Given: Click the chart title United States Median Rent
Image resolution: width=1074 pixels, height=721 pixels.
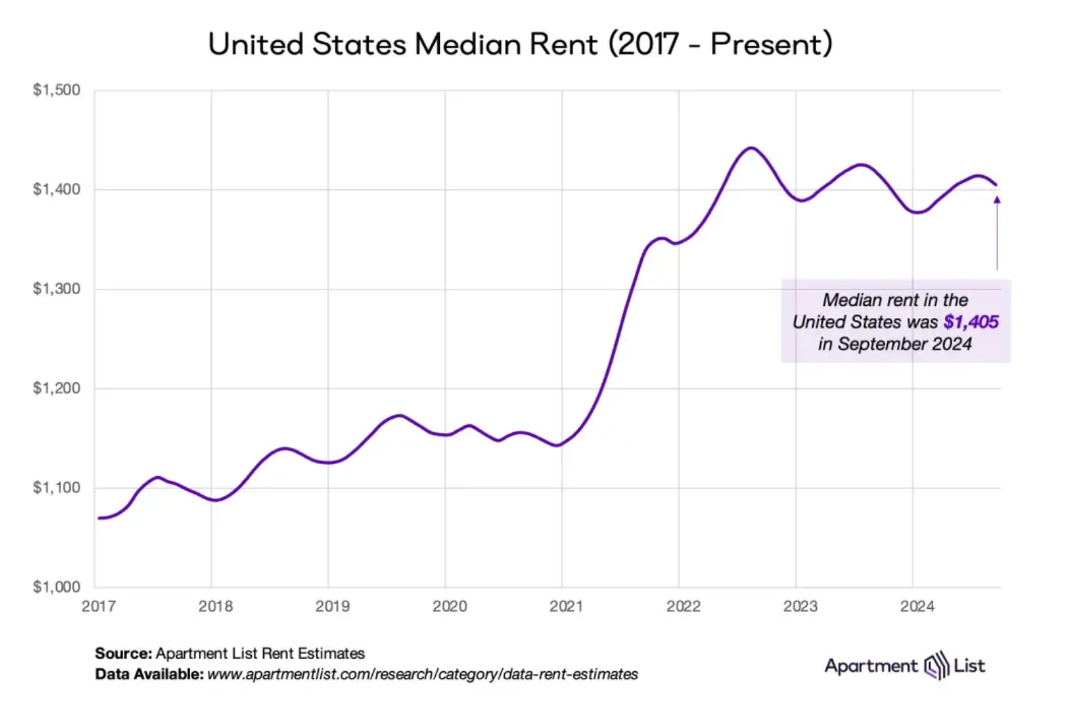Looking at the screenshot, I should point(520,44).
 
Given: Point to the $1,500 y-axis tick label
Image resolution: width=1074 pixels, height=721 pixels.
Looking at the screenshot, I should point(56,90).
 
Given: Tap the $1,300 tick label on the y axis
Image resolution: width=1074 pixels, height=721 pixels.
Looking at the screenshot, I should point(56,289).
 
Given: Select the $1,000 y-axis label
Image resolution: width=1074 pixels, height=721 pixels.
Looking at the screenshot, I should point(56,587).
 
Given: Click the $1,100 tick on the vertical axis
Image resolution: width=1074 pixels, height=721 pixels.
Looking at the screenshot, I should point(56,488).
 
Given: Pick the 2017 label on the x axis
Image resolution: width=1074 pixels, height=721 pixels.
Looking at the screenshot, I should point(99,606).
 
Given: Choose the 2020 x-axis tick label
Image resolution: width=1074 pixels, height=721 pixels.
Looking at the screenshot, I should point(449,606).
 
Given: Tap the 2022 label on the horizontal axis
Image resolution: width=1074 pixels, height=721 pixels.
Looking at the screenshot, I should point(683,606).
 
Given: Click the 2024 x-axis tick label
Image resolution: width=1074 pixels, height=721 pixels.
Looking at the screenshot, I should point(917,606).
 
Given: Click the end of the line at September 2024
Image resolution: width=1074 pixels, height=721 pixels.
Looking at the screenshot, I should point(996,185).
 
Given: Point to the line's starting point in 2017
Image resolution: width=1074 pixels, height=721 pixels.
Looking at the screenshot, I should point(99,518).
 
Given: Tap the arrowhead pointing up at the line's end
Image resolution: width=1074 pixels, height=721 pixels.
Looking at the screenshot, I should point(997,200).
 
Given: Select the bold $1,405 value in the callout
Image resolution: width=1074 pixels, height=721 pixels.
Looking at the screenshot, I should point(971,322).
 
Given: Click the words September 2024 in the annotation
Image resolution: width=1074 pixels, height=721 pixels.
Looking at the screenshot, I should point(904,343).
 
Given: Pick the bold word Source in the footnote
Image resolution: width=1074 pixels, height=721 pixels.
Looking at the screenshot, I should point(123,653).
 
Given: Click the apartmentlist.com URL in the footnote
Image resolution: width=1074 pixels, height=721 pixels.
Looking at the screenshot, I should point(422,674).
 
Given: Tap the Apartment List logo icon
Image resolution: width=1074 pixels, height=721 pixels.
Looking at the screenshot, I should point(937,666).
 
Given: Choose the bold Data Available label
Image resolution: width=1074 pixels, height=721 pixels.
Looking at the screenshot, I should point(149,674).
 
